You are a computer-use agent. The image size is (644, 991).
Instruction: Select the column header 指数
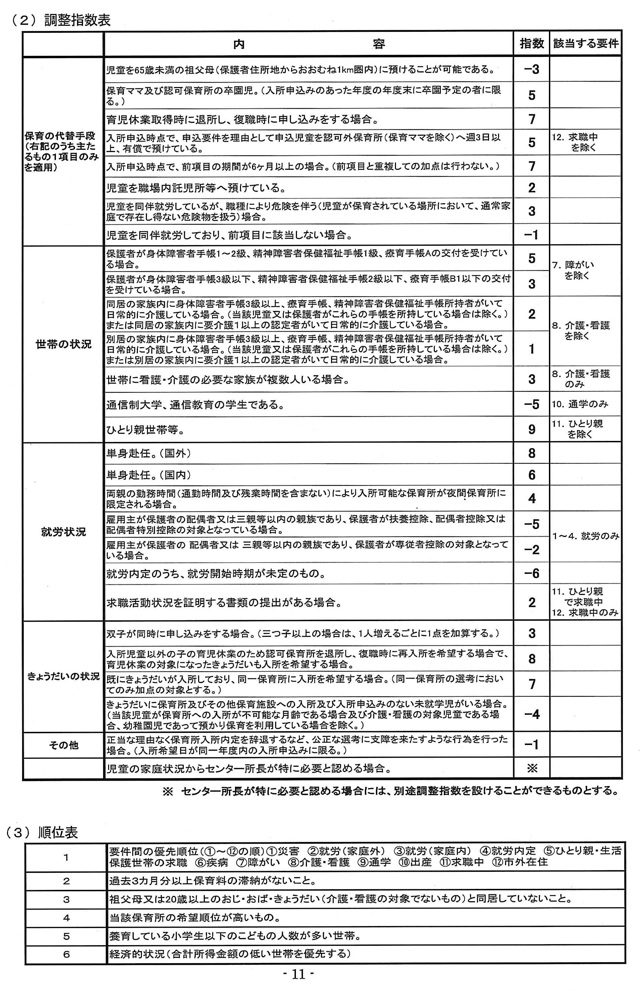tap(532, 43)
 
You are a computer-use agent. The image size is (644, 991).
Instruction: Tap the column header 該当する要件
tap(586, 43)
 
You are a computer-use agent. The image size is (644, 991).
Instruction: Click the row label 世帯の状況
tap(63, 345)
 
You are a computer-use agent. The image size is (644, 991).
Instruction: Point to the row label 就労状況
tap(63, 532)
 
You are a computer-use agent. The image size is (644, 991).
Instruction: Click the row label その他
tap(63, 745)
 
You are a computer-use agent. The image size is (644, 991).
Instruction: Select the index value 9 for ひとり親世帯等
tap(532, 429)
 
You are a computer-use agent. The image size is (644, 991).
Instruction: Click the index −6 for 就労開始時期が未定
tap(532, 574)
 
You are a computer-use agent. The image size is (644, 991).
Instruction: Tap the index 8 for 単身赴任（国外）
tap(532, 453)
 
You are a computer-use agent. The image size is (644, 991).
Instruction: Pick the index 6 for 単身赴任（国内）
tap(532, 475)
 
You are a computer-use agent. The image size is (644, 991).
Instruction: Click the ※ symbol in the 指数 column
tap(532, 768)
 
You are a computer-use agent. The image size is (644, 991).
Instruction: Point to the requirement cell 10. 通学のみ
tap(580, 404)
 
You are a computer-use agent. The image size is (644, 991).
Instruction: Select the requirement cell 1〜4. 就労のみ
tap(586, 536)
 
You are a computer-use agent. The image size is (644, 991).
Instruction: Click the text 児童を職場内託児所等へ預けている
tap(196, 188)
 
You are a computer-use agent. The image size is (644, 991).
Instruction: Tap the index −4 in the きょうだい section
tap(532, 714)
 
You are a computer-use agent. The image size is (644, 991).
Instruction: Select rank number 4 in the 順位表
tap(66, 918)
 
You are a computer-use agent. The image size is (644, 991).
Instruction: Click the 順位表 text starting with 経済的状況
tap(229, 954)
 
